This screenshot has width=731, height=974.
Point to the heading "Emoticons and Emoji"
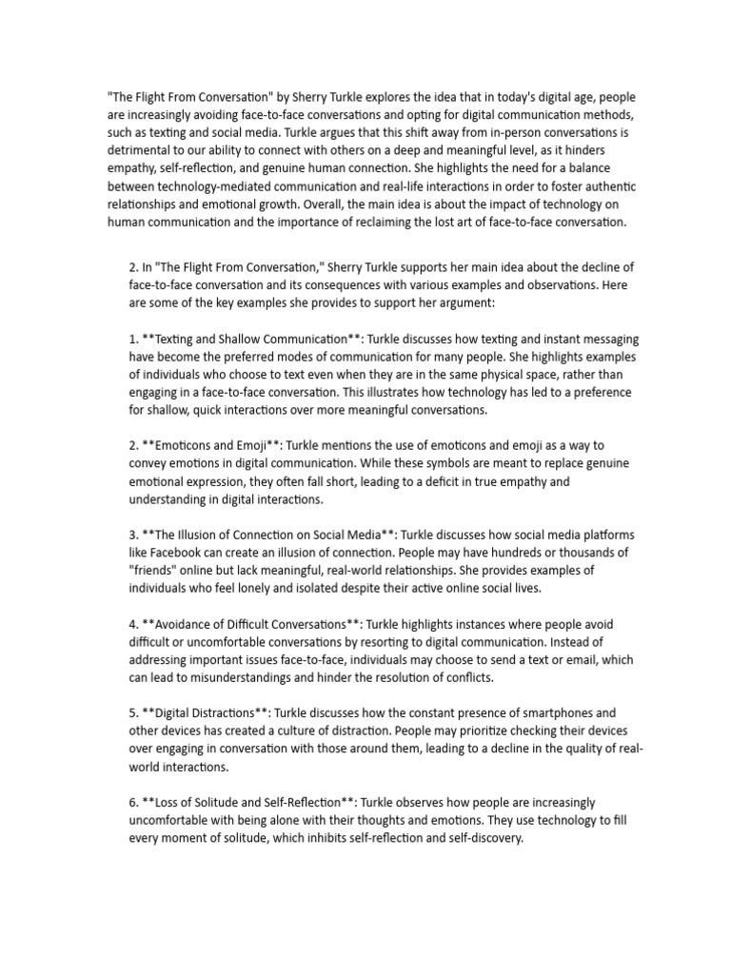tap(214, 446)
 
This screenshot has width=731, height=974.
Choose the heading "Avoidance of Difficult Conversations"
tap(254, 624)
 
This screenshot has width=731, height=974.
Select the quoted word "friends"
tap(153, 570)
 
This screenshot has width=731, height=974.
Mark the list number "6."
tap(134, 802)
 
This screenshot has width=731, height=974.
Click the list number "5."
tap(134, 712)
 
